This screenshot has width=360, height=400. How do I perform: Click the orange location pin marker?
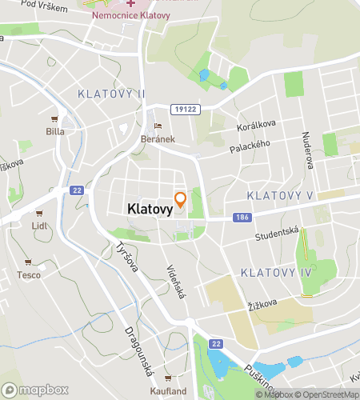click(181, 198)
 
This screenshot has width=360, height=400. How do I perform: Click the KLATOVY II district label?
click(112, 94)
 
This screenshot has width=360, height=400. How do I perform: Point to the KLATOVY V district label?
click(280, 195)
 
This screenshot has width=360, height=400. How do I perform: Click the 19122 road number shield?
click(183, 107)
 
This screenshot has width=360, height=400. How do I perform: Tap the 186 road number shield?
click(240, 218)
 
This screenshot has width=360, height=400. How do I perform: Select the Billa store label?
click(55, 131)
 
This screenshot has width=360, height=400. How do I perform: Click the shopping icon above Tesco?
click(29, 262)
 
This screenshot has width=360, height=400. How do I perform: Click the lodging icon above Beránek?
click(158, 125)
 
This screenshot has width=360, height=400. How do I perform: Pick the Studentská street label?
click(277, 234)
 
